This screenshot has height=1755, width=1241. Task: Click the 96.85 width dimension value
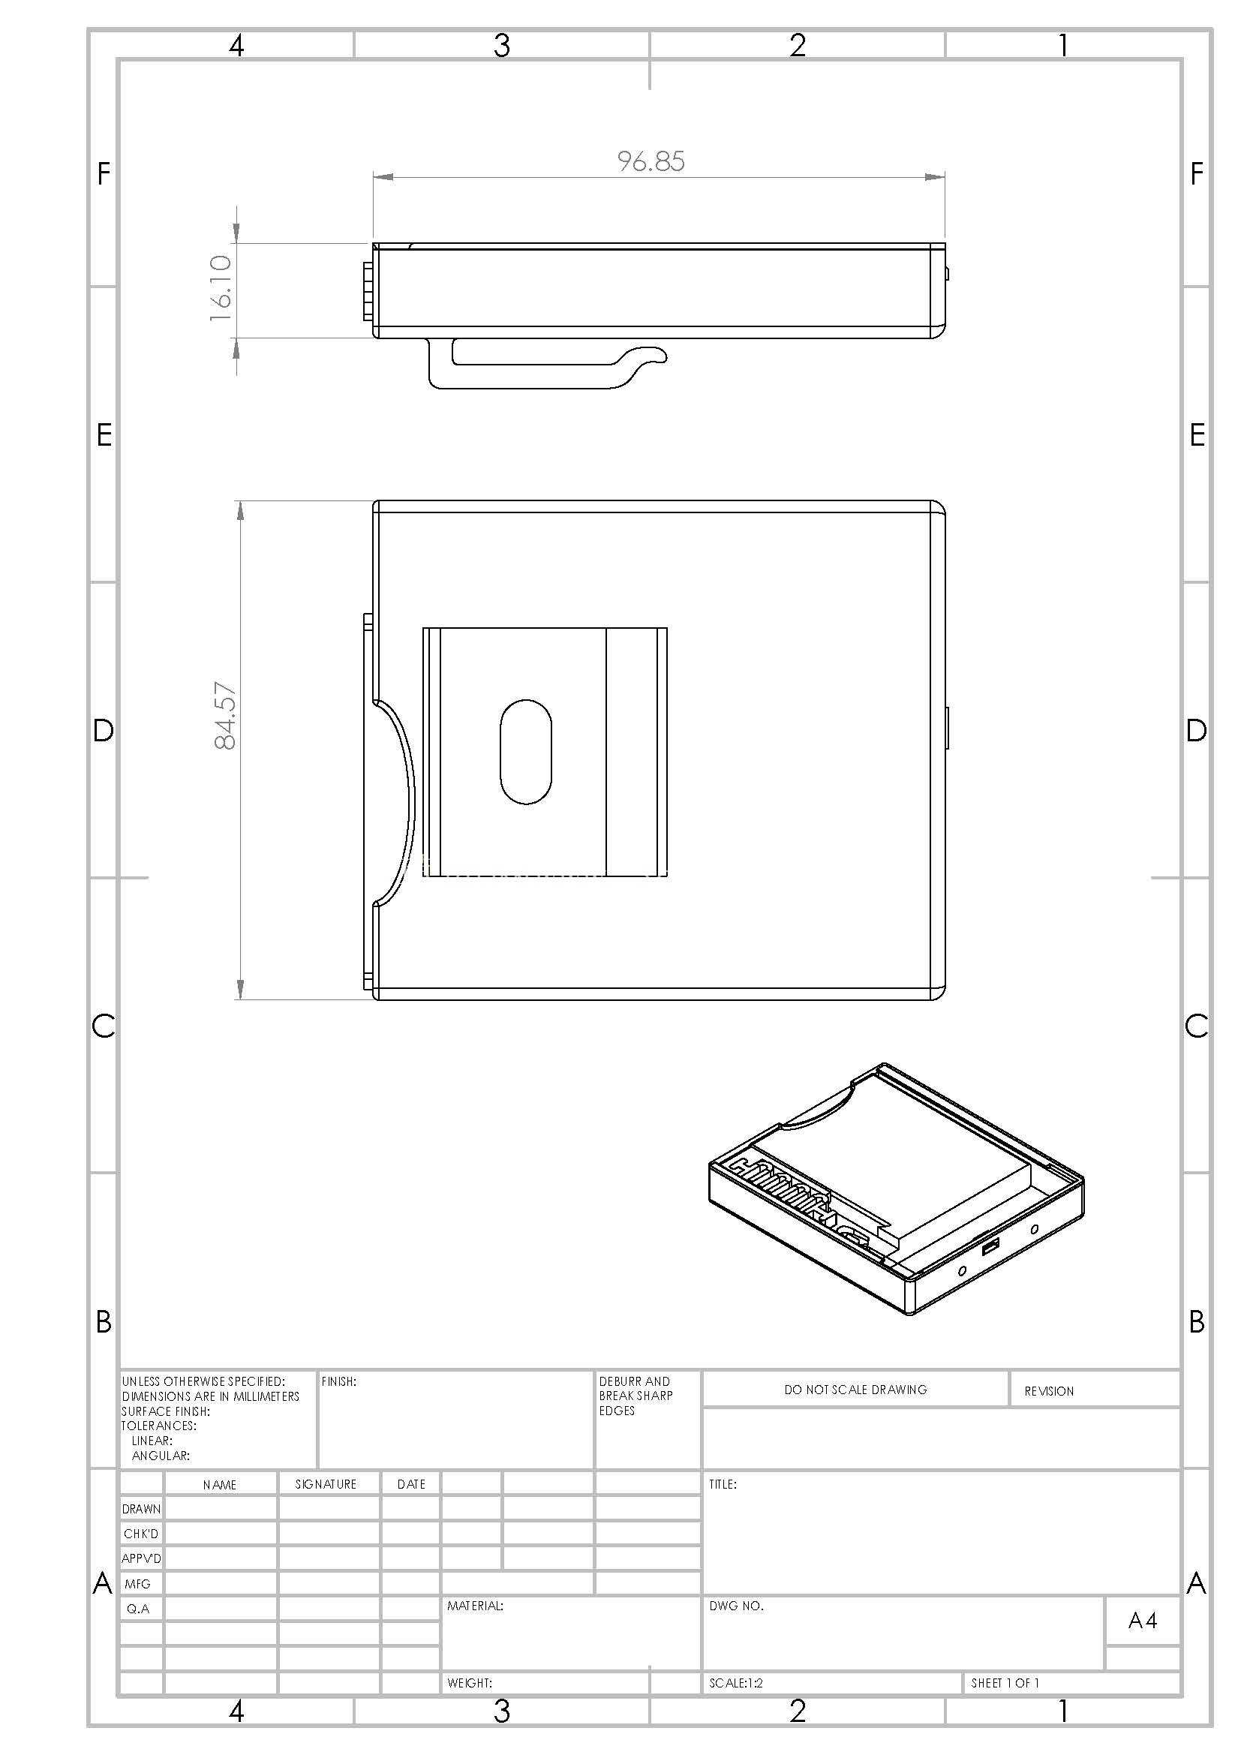coord(651,161)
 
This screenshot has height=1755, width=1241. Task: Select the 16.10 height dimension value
coord(221,288)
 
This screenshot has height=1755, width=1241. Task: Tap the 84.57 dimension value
coord(225,716)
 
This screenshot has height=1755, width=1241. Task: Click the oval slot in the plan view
coord(526,751)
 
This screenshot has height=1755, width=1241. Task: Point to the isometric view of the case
coord(897,1188)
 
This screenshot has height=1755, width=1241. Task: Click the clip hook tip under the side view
coord(663,355)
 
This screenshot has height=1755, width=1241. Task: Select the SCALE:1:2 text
coord(736,1683)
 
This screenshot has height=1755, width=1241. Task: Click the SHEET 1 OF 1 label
coord(1005,1683)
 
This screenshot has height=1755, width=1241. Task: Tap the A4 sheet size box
coord(1143,1621)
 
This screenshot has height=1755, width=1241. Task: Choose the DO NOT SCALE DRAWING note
coord(855,1390)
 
